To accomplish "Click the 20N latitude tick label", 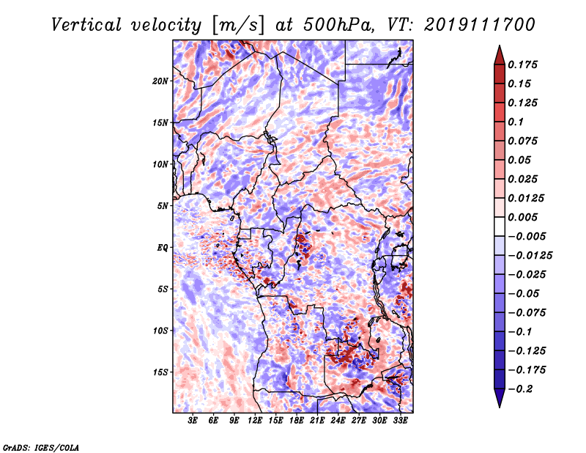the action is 160,81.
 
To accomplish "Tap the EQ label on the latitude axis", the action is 162,248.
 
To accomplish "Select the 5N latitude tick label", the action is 163,206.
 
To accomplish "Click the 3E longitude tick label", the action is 193,421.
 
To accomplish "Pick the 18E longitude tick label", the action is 297,421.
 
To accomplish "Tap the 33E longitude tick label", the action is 400,421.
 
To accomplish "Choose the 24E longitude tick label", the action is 338,421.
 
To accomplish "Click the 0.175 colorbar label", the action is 523,65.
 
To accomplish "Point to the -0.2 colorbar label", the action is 520,389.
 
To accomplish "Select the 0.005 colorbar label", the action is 523,217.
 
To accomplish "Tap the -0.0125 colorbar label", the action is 530,256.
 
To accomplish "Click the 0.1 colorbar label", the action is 516,122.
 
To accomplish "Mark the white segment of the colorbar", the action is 500,226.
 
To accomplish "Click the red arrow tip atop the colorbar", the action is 500,46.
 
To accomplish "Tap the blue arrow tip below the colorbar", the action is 500,407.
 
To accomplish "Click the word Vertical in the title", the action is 86,25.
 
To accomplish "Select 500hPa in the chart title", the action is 338,25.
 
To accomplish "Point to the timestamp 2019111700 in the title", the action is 480,25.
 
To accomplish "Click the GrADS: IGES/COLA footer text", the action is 41,448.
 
